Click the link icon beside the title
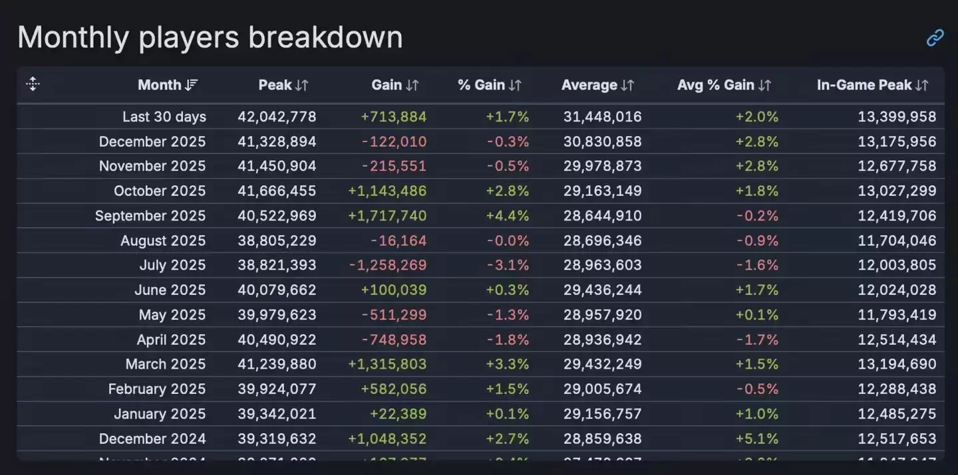click(935, 38)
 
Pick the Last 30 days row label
click(164, 117)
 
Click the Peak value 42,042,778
click(277, 117)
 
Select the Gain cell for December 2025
click(395, 142)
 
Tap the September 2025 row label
click(150, 216)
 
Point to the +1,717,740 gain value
click(387, 216)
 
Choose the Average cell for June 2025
click(603, 290)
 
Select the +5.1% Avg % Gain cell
click(756, 439)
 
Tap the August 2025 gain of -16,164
click(399, 240)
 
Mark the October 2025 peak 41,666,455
click(277, 191)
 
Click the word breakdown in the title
click(325, 38)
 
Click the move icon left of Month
click(33, 84)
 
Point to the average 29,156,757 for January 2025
click(603, 414)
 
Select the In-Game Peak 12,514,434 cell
click(897, 339)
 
